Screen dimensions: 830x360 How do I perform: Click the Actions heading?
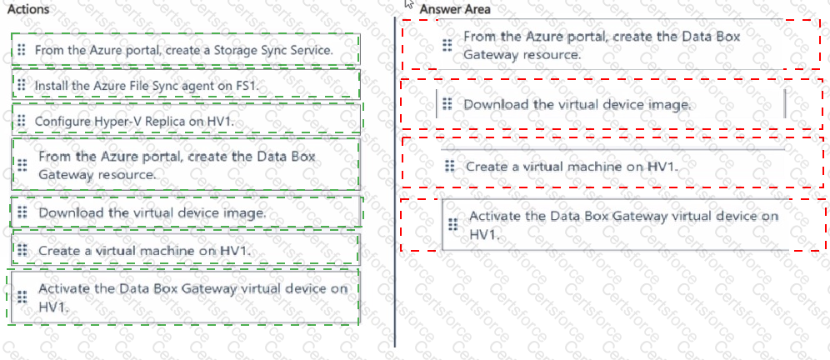point(28,9)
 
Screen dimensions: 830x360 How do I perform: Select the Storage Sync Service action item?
point(186,50)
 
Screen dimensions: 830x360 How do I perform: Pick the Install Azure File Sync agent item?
point(186,85)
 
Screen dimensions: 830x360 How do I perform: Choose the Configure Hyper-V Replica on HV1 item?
point(186,120)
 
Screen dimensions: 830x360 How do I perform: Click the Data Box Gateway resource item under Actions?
point(186,165)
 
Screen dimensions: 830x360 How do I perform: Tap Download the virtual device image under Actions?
point(186,212)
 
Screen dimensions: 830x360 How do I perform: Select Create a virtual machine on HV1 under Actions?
point(186,249)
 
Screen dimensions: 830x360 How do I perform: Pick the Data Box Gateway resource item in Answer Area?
point(608,45)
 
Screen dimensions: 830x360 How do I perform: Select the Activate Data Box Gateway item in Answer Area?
point(615,224)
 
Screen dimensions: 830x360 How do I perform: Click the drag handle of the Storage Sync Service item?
point(22,50)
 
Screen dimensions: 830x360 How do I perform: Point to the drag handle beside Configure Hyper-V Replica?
point(22,121)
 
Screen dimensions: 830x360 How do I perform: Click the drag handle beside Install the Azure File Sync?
point(22,85)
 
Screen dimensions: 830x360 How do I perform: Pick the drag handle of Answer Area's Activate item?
point(452,224)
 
